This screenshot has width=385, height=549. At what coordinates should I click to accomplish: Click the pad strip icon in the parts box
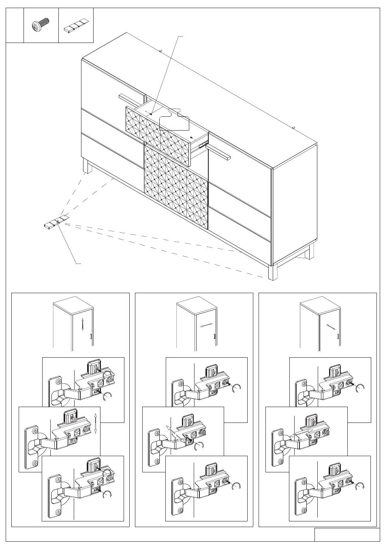point(76,27)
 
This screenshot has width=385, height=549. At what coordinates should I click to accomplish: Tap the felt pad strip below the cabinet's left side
point(56,222)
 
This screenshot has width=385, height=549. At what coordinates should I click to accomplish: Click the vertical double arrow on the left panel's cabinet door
point(82,325)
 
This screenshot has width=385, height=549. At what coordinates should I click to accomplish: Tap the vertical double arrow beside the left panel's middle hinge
point(95,423)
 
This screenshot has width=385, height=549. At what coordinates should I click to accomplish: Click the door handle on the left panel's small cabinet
point(91,336)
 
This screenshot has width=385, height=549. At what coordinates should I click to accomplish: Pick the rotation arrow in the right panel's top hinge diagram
point(359,388)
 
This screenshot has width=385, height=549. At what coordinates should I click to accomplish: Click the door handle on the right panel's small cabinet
point(338,336)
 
